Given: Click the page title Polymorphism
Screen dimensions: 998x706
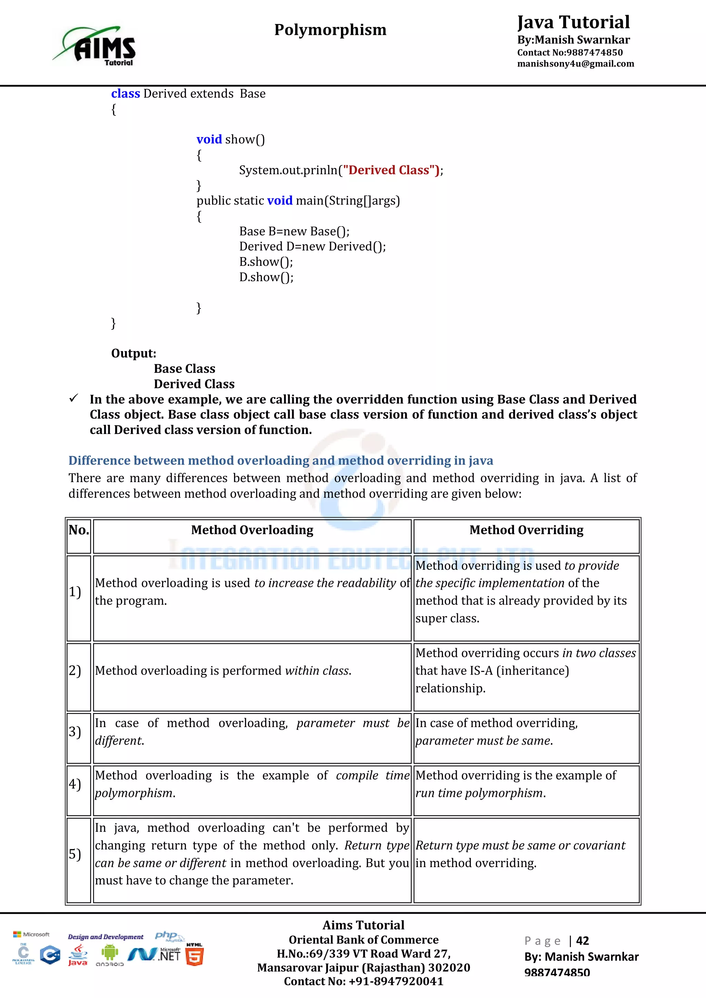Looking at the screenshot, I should click(330, 30).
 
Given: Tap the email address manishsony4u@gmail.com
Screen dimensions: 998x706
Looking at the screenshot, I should click(575, 64).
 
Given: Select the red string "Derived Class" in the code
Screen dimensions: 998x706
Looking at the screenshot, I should click(391, 170).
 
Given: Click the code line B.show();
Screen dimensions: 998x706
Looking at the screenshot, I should click(266, 262).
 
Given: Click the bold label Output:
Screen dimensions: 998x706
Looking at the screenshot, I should click(133, 353).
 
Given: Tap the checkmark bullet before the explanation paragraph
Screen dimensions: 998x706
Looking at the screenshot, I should click(74, 398).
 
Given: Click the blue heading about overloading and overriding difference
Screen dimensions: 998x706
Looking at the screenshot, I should click(280, 460).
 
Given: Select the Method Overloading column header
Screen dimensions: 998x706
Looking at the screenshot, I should click(252, 530).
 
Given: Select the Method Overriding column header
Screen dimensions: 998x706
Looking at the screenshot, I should click(526, 530).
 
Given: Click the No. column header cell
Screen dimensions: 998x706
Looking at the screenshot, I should click(79, 530).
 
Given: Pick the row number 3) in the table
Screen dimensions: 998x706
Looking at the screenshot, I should click(75, 732).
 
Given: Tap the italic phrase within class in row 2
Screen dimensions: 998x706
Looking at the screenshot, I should click(317, 671).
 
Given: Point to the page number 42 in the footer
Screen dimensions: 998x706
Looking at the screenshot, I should click(582, 941).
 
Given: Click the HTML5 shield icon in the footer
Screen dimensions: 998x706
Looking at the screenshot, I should click(194, 956).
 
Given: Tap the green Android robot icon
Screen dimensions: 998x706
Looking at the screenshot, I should click(110, 953).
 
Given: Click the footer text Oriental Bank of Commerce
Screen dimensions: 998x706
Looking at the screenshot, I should click(363, 940).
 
